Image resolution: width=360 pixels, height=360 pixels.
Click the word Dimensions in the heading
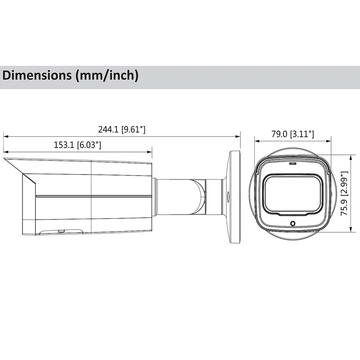click(37, 76)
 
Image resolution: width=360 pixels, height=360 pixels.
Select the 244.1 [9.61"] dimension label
click(121, 130)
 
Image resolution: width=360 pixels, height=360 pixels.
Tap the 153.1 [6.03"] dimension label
click(77, 145)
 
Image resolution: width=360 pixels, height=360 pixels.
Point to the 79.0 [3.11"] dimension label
click(292, 134)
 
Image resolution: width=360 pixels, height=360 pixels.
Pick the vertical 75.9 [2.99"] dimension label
click(344, 193)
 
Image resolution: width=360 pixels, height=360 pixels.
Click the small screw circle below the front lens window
click(292, 223)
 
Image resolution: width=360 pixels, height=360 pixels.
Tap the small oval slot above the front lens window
click(292, 164)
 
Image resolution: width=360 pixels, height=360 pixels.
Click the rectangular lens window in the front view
click(292, 195)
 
